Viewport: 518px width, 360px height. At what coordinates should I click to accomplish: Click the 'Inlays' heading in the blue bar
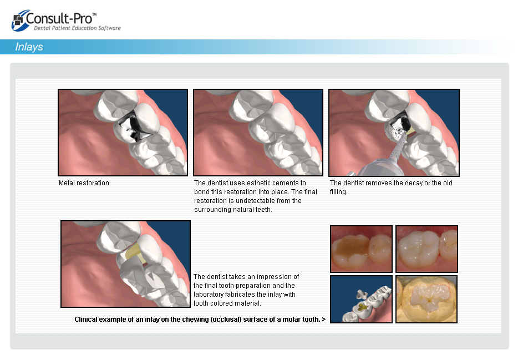(x=29, y=47)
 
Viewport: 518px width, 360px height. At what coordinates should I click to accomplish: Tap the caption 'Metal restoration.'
(x=84, y=183)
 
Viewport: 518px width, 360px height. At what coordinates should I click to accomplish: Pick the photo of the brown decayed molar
(x=362, y=249)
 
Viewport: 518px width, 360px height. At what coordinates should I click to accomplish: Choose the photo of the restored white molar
(x=426, y=249)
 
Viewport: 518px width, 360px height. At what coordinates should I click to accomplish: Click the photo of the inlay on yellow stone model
(x=426, y=299)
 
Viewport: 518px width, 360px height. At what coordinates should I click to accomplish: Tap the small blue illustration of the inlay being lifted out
(x=362, y=299)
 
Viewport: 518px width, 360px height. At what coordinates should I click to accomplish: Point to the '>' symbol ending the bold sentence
(x=323, y=320)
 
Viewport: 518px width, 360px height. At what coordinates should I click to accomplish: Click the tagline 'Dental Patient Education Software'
(x=77, y=28)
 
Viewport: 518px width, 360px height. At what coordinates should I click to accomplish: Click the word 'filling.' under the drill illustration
(x=339, y=192)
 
